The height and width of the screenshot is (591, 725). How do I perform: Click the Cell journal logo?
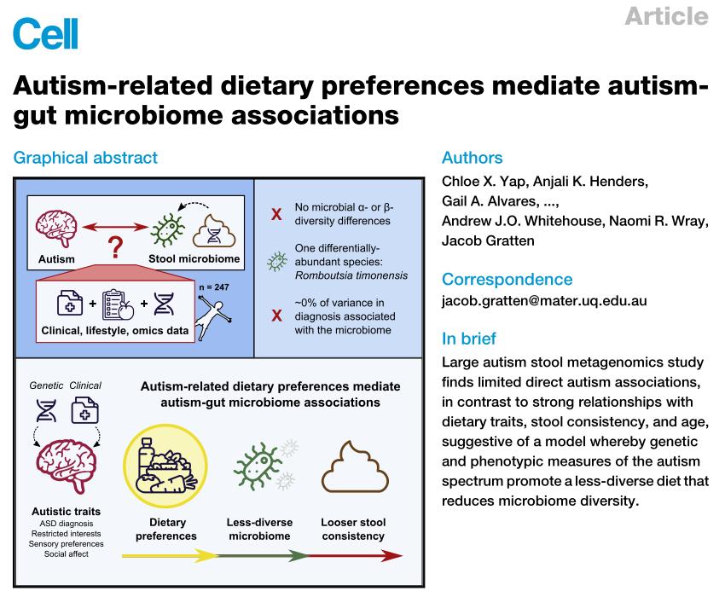[x=45, y=33]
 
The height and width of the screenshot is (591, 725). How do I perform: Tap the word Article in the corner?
[x=666, y=15]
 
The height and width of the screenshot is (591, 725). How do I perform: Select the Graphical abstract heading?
[x=85, y=158]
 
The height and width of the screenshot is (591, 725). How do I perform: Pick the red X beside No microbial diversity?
[x=276, y=214]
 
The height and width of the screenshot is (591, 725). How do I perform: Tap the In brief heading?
[x=467, y=338]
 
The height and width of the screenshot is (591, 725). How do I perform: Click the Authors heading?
[x=472, y=158]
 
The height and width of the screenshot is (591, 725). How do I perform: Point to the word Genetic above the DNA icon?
[x=45, y=385]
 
